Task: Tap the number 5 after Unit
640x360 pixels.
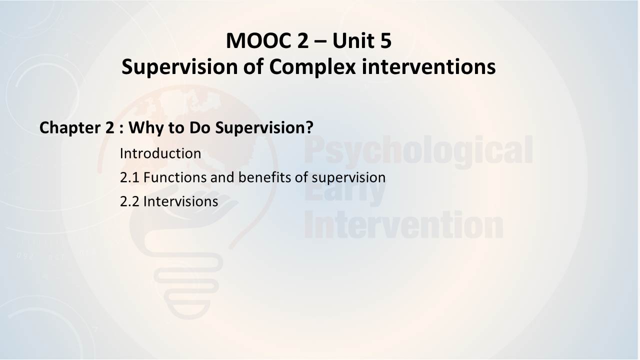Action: coord(386,41)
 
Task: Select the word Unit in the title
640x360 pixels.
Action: coord(353,41)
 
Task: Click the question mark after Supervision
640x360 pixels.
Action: coord(309,127)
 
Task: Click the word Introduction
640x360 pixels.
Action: coord(160,153)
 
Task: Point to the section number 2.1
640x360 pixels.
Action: coord(129,177)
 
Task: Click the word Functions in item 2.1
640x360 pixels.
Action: coord(175,177)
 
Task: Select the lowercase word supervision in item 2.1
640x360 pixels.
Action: coord(348,178)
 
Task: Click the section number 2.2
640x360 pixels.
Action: coord(129,201)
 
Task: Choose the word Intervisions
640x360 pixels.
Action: coord(180,201)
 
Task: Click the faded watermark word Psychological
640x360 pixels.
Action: coord(418,151)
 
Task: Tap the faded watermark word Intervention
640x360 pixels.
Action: coord(403,224)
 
